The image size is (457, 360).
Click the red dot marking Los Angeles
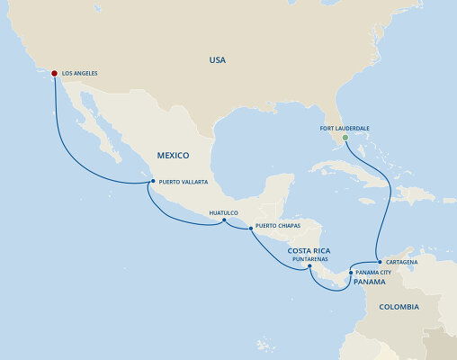point(55,74)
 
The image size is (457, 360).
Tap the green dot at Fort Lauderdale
point(345,137)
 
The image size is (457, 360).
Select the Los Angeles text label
point(82,74)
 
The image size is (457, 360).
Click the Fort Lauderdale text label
point(345,128)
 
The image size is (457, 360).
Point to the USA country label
point(217,60)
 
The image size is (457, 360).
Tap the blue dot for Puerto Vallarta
point(153,181)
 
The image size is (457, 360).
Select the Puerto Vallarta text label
point(184,182)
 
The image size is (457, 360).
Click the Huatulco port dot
point(224,222)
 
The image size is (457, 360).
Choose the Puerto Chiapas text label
point(278,226)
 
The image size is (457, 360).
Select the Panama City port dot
point(351,271)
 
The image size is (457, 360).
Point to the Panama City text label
point(375,272)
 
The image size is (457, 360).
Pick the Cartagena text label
point(401,261)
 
